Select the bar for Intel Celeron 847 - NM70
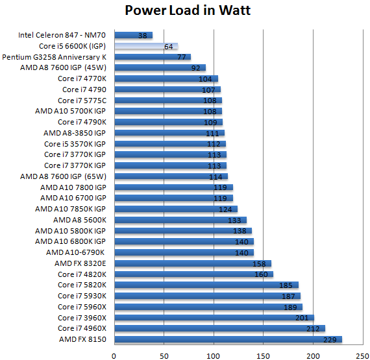click(x=133, y=35)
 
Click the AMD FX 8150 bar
click(x=227, y=339)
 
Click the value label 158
click(x=260, y=263)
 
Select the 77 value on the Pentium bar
click(x=182, y=57)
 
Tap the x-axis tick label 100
click(x=214, y=354)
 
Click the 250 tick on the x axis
click(x=364, y=354)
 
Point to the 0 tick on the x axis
click(x=114, y=354)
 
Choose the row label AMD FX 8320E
click(x=82, y=263)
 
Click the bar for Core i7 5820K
click(x=206, y=285)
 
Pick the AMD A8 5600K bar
click(x=180, y=220)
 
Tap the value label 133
click(x=236, y=220)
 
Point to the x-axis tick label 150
click(x=264, y=354)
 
